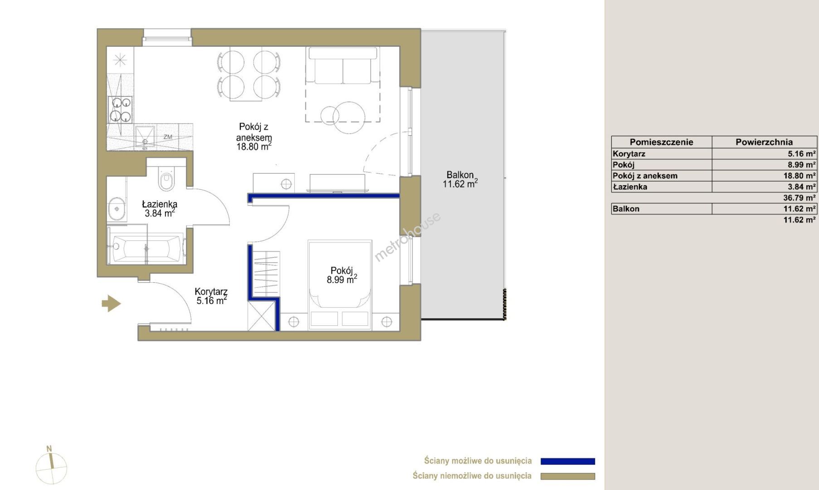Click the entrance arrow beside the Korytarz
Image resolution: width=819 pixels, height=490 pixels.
click(x=111, y=303)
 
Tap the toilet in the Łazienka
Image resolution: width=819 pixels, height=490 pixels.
click(x=166, y=179)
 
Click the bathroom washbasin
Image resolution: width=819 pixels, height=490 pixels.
click(x=117, y=209)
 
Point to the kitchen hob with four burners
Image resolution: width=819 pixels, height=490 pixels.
click(x=120, y=109)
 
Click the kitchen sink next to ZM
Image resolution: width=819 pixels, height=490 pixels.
click(x=145, y=138)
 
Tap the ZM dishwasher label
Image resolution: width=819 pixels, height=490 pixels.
click(x=168, y=137)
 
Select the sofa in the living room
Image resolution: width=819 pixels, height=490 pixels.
click(x=343, y=66)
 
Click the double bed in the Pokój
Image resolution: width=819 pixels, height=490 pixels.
click(x=340, y=285)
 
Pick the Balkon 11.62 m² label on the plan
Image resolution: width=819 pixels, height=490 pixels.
click(x=460, y=179)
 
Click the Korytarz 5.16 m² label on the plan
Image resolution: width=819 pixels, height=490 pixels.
click(x=211, y=296)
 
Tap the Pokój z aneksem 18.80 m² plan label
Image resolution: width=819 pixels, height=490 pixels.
click(x=254, y=137)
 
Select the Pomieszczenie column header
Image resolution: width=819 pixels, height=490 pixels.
click(x=661, y=142)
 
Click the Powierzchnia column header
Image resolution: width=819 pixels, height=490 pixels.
click(x=764, y=142)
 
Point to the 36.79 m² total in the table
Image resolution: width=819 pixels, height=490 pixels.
click(x=799, y=198)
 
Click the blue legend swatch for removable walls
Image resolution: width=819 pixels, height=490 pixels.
click(x=568, y=461)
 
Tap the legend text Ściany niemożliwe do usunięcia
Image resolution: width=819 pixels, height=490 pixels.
click(x=472, y=475)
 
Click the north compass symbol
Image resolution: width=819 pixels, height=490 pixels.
click(x=51, y=466)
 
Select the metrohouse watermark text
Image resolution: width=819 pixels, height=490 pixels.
click(x=407, y=237)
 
